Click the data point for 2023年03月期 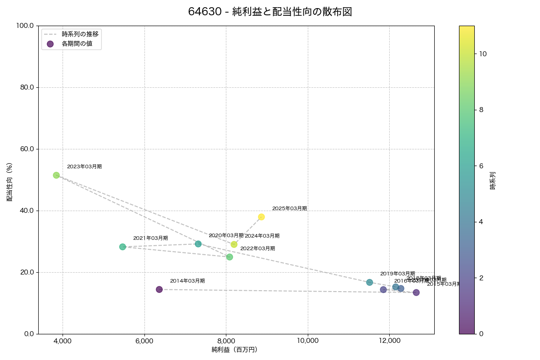coord(56,175)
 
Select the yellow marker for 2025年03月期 coord(261,217)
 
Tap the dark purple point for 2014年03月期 coord(159,289)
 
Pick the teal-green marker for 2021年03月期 coord(122,247)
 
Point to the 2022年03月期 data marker coord(229,257)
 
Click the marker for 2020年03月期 coord(198,244)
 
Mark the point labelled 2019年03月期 coord(369,282)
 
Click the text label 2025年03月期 coord(289,208)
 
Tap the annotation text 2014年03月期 coord(187,281)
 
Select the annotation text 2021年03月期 coord(150,238)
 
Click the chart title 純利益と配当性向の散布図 coord(270,12)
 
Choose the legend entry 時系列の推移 coord(80,34)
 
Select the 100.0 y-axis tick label coord(25,26)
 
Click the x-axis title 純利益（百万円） coord(234,350)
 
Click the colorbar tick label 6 coord(483,166)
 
